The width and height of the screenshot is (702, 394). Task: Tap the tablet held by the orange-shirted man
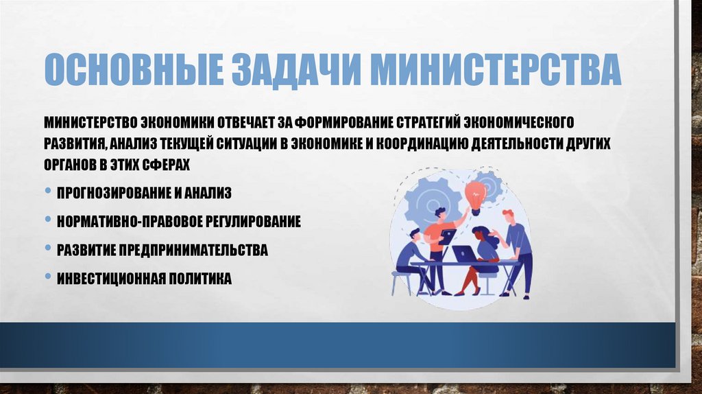coord(448,236)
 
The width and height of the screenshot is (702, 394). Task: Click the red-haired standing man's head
coord(507,216)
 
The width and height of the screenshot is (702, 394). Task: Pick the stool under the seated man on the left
coord(400,280)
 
